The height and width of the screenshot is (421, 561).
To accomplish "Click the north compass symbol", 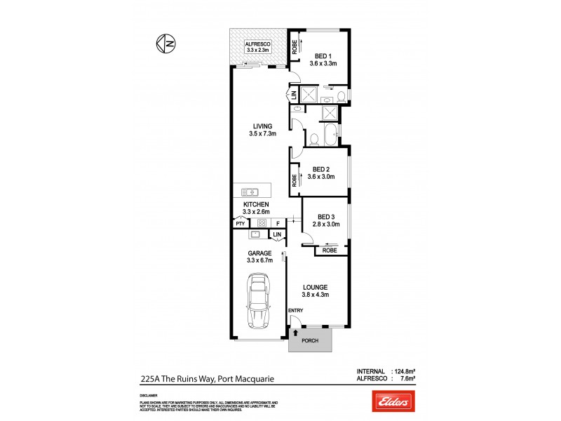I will pos(166,44).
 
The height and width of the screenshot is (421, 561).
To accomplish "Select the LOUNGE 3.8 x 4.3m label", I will pos(316,291).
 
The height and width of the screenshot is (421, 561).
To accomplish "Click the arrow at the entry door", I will pos(295,333).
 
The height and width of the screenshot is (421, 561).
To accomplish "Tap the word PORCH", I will pos(310,341).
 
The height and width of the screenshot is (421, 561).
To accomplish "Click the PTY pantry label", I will pos(241,224).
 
